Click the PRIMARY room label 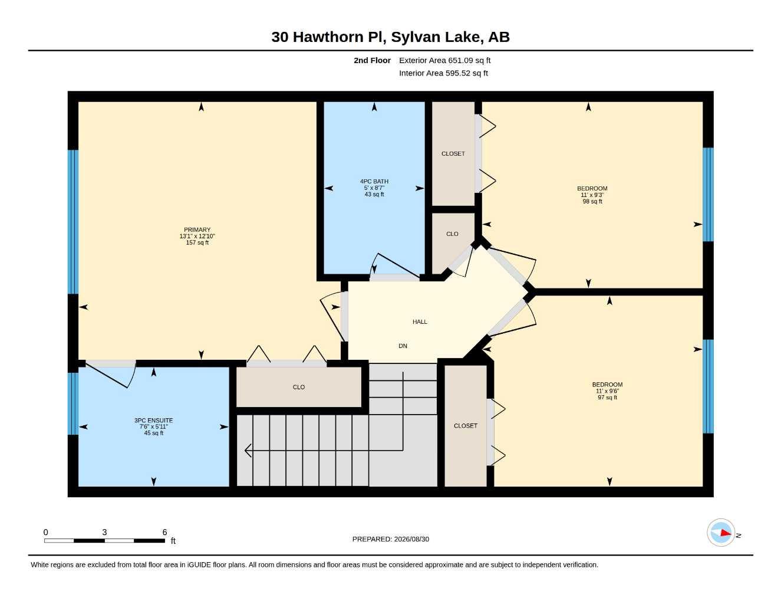point(197,229)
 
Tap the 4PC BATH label point(374,181)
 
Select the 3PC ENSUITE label point(153,420)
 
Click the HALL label point(420,322)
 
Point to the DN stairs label point(403,346)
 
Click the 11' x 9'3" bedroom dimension point(592,195)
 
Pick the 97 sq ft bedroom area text point(607,398)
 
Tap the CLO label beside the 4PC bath point(452,234)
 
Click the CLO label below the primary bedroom point(299,387)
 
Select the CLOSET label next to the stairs point(466,426)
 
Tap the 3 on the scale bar point(104,532)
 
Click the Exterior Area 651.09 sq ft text point(444,60)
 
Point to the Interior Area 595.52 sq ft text point(443,73)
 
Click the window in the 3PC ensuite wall point(73,403)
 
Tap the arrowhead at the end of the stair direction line point(248,450)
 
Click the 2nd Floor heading point(372,60)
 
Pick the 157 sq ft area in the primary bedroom point(197,242)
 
